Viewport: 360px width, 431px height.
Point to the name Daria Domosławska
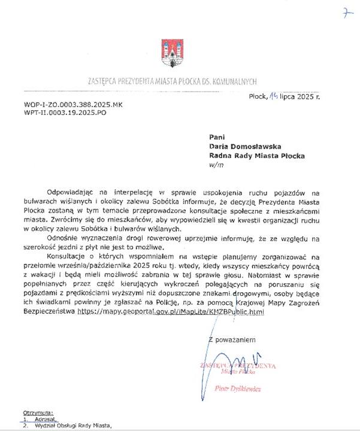tap(247, 146)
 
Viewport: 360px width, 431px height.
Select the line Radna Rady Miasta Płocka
tap(256, 156)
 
